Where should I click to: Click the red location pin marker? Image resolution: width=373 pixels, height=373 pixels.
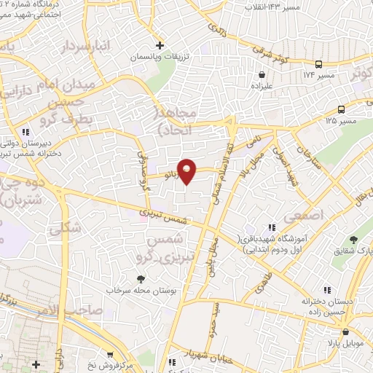pos(187,170)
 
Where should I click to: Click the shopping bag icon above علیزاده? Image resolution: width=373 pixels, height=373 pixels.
pos(262,74)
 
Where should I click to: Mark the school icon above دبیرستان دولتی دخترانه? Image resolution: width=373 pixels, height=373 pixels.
pos(26,132)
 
